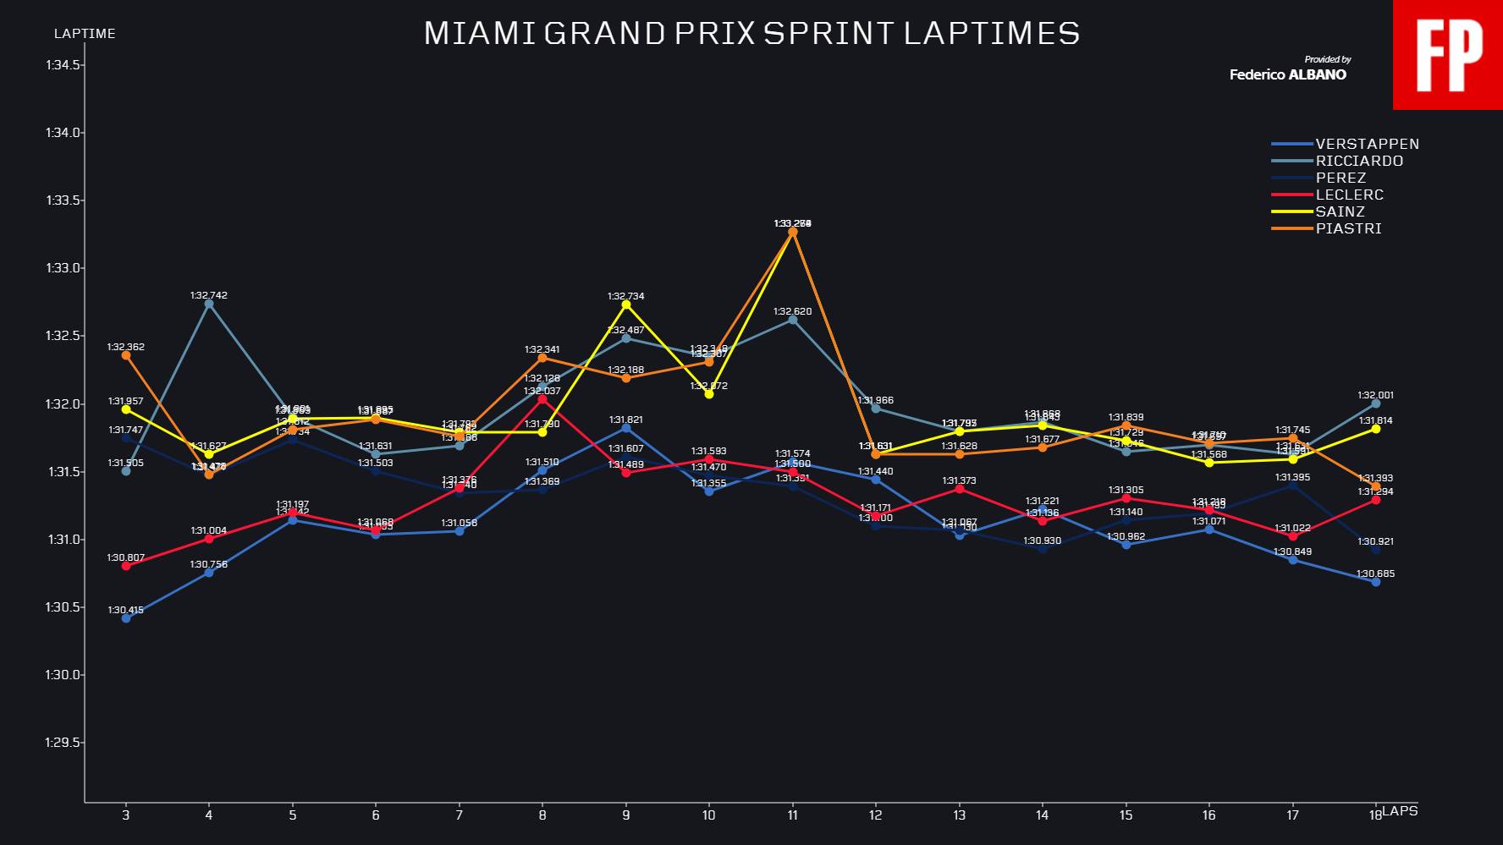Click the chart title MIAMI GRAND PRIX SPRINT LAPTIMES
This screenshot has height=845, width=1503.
point(751,34)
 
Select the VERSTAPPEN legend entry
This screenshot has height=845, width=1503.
point(1367,144)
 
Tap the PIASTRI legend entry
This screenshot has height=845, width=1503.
point(1348,228)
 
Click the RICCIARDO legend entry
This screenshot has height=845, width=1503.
point(1359,161)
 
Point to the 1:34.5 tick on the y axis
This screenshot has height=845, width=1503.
point(63,65)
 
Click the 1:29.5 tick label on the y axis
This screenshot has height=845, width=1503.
point(63,743)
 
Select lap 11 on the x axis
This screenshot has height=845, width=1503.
point(792,815)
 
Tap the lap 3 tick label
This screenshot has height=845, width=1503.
point(126,815)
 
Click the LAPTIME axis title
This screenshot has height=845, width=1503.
point(85,34)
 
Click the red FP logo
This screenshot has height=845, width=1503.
point(1448,55)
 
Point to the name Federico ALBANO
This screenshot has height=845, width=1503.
point(1287,74)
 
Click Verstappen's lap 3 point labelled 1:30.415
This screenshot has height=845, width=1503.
point(126,618)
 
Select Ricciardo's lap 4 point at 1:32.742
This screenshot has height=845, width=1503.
point(209,304)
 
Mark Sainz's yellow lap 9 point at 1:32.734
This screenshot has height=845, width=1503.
point(626,305)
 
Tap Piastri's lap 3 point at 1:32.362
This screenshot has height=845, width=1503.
point(126,355)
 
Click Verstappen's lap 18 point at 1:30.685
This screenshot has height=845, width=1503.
point(1375,582)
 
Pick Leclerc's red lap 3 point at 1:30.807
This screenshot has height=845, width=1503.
point(126,566)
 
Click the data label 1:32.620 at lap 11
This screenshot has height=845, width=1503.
point(792,311)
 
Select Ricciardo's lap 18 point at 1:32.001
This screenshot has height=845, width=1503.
point(1375,403)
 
